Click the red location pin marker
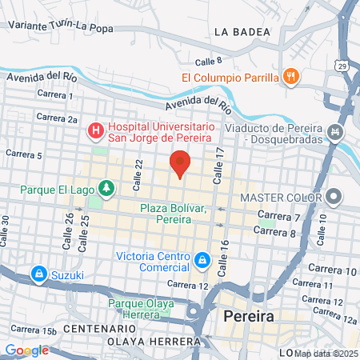180,163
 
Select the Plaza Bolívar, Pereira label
173,214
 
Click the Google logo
26,350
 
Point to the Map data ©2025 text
326,353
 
